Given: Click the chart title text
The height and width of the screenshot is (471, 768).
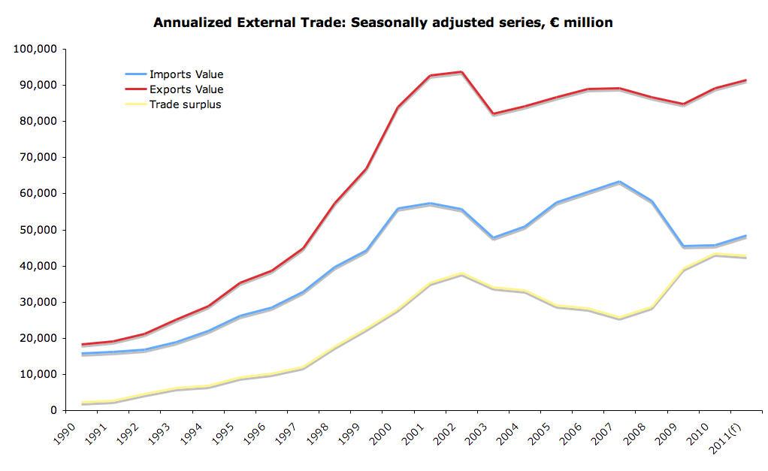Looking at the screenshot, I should pos(382,23).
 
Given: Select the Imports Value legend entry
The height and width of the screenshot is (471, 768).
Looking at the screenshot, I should pos(186,74).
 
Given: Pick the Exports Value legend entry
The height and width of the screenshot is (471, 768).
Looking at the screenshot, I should pos(186,89).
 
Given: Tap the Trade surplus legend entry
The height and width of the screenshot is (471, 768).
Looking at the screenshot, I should pos(185,104).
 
